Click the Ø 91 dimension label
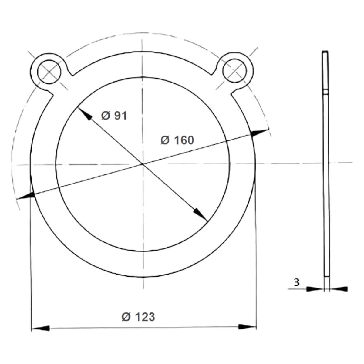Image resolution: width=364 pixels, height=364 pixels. click(x=114, y=116)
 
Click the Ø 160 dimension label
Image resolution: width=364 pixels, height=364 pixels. click(x=177, y=140)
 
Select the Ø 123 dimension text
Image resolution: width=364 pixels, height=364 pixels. click(x=138, y=317)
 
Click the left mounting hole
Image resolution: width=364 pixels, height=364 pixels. click(x=49, y=72)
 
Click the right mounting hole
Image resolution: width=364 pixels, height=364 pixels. click(x=235, y=70)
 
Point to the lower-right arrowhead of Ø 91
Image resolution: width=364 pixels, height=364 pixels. click(x=201, y=214)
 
